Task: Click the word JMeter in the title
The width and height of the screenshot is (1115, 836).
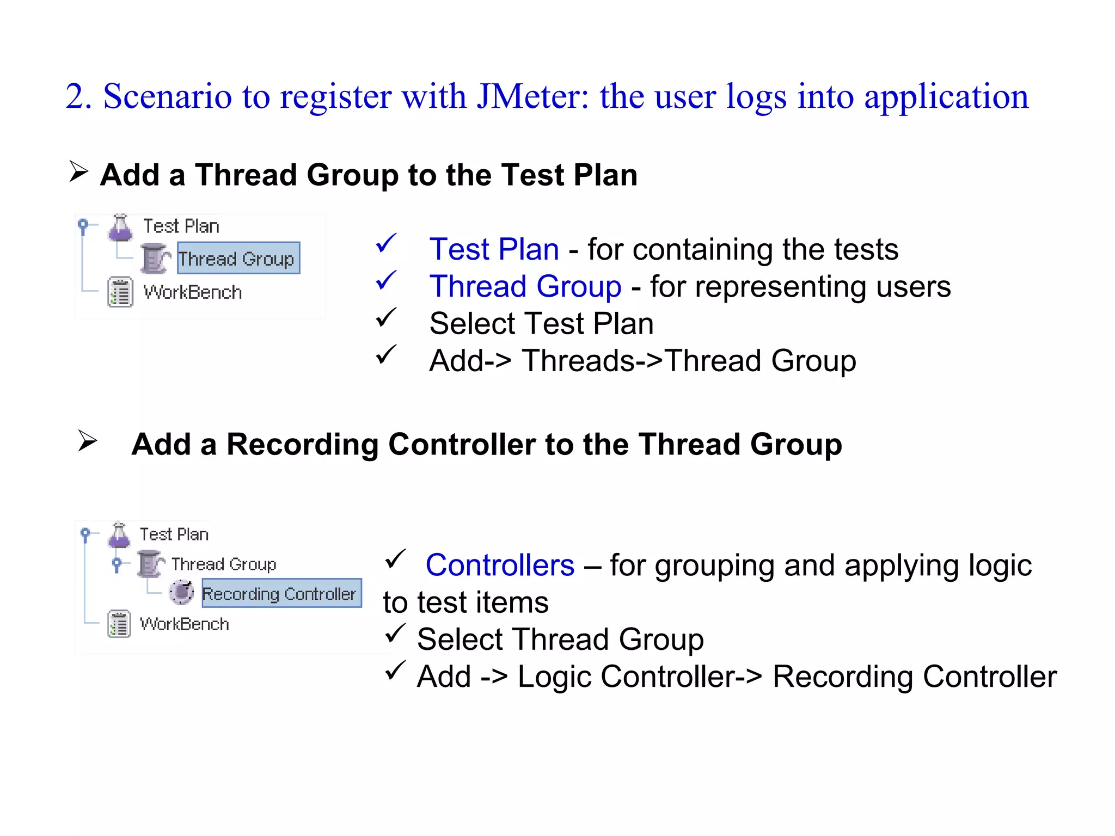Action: pyautogui.click(x=532, y=97)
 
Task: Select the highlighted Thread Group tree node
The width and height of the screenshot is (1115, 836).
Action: pyautogui.click(x=238, y=259)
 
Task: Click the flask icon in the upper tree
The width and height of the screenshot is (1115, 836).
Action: pyautogui.click(x=120, y=228)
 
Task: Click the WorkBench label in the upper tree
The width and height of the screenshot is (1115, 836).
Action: pyautogui.click(x=192, y=292)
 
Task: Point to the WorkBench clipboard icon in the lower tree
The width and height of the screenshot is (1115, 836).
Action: pyautogui.click(x=119, y=624)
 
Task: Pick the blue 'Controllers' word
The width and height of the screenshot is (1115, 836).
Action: pyautogui.click(x=500, y=565)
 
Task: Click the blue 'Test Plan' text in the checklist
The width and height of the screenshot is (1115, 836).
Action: pyautogui.click(x=494, y=249)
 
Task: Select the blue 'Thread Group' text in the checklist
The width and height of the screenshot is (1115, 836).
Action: pyautogui.click(x=525, y=286)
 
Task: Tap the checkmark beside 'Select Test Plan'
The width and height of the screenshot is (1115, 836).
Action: pyautogui.click(x=386, y=317)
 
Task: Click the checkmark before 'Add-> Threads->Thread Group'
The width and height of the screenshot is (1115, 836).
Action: pyautogui.click(x=386, y=355)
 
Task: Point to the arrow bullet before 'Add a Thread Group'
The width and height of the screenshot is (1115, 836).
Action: pyautogui.click(x=79, y=171)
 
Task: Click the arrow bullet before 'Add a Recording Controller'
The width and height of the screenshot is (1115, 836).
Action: pyautogui.click(x=87, y=440)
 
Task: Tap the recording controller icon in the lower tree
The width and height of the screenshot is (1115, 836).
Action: pyautogui.click(x=181, y=592)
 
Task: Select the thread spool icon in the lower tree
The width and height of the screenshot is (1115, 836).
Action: pyautogui.click(x=150, y=564)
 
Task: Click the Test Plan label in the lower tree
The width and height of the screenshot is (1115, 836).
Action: pyautogui.click(x=174, y=534)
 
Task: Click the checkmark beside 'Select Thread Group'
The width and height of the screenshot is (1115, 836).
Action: pyautogui.click(x=395, y=633)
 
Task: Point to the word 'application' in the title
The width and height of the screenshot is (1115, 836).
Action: pyautogui.click(x=946, y=97)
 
